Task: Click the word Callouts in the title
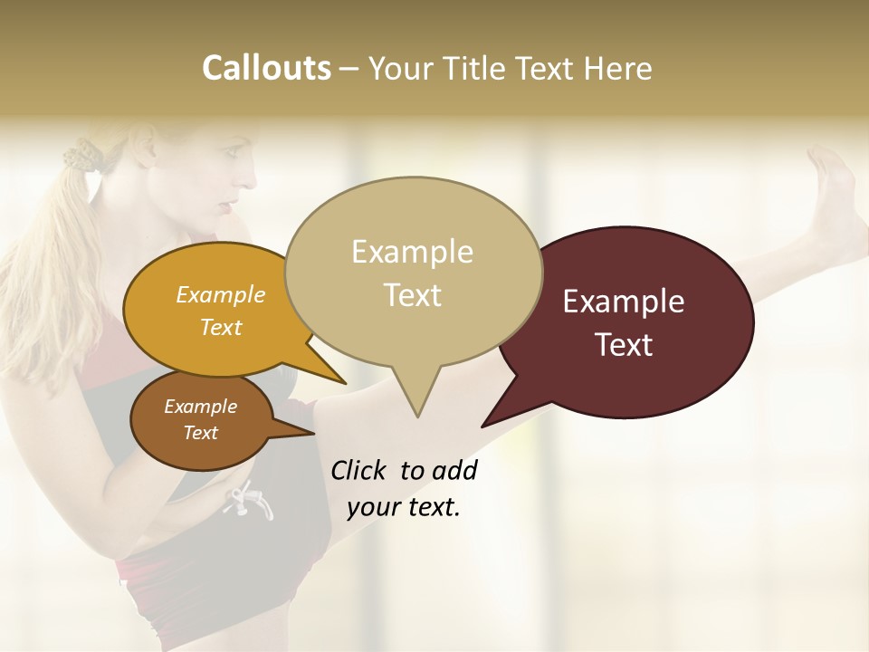tap(266, 68)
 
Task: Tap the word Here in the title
tap(618, 68)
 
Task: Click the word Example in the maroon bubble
tap(624, 302)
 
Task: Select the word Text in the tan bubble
tap(413, 295)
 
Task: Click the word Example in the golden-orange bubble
tap(221, 294)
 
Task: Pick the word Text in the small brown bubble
tap(201, 433)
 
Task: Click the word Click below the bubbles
tap(362, 470)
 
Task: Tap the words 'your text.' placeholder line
tap(404, 507)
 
